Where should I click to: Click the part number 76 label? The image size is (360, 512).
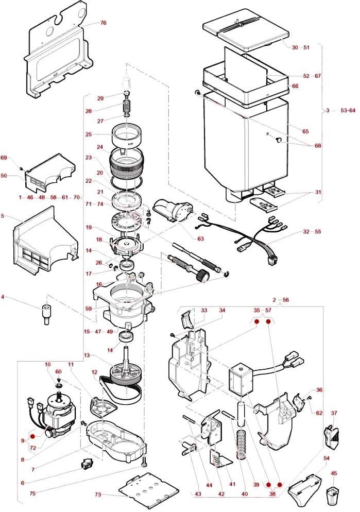(x=104, y=23)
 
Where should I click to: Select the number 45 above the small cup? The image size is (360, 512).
(x=334, y=473)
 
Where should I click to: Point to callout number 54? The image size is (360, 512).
(x=326, y=458)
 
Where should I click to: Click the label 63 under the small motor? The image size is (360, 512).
(x=200, y=238)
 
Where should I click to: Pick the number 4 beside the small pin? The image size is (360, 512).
(x=3, y=297)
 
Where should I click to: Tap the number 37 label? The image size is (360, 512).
(x=334, y=413)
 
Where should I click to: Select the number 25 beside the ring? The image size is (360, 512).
(x=89, y=134)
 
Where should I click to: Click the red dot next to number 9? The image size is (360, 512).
(x=32, y=437)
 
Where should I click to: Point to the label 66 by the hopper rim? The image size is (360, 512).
(x=295, y=86)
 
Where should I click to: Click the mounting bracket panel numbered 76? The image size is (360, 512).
(x=58, y=59)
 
